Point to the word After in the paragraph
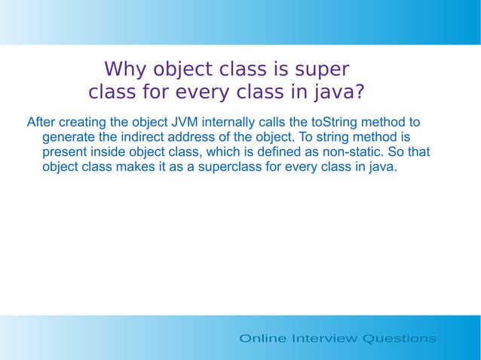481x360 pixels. click(x=41, y=122)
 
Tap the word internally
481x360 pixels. click(x=229, y=122)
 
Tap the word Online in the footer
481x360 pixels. click(x=262, y=338)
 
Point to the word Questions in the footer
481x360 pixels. click(x=400, y=338)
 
